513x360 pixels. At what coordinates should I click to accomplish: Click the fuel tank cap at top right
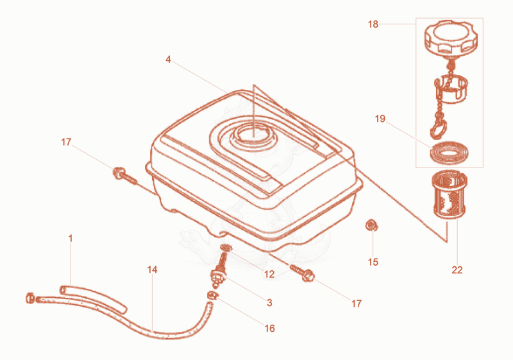451,38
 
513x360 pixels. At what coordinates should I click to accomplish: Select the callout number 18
373,24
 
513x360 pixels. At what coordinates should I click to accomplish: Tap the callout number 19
380,119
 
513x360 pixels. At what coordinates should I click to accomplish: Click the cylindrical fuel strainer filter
450,194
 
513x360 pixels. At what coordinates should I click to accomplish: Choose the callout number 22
457,270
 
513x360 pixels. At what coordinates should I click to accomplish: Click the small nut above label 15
371,225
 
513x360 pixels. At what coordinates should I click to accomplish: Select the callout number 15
373,262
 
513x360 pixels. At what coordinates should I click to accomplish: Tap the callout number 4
168,60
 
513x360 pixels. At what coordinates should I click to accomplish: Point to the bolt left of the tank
124,176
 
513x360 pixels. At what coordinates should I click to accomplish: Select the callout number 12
269,274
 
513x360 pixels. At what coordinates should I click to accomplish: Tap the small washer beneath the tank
226,248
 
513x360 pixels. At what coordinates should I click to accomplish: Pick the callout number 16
269,329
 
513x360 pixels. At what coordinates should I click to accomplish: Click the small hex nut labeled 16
212,295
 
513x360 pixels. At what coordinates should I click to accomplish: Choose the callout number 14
152,270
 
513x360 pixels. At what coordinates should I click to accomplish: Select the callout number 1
71,239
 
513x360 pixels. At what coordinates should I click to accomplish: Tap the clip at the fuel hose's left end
30,298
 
